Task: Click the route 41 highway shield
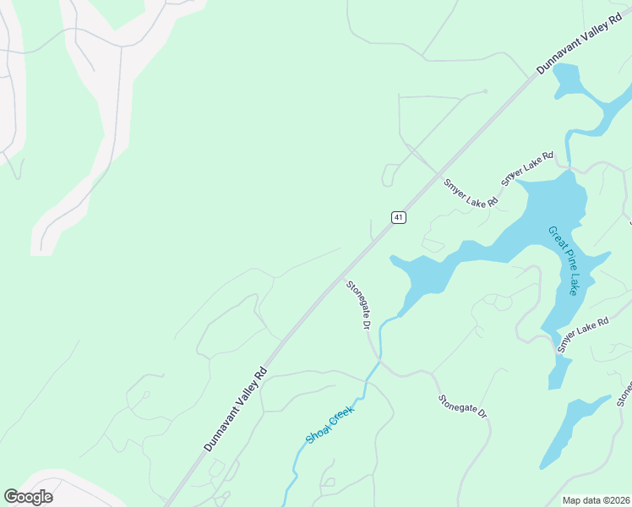399,217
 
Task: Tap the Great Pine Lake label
563,260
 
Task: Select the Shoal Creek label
330,425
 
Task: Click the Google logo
28,497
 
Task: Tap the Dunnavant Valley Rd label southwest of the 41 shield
236,408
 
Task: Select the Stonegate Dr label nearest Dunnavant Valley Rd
359,305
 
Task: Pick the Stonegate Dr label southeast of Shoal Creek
463,406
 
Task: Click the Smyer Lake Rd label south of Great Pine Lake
583,335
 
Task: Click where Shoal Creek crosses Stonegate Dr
380,360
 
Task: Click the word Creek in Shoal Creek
340,416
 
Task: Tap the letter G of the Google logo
11,497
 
